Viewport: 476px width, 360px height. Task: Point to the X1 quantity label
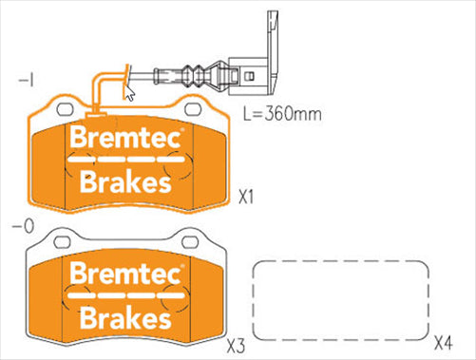pos(247,199)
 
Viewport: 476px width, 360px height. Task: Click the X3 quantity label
pos(237,343)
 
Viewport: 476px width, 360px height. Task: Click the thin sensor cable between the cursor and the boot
pos(162,77)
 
